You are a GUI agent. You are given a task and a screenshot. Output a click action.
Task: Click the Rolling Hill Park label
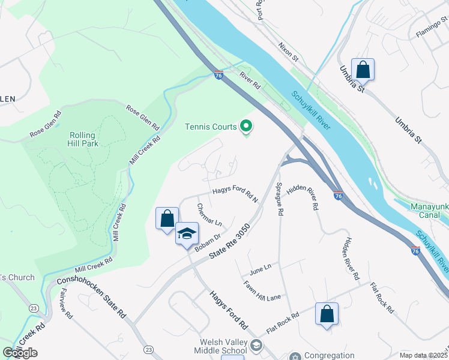click(83, 139)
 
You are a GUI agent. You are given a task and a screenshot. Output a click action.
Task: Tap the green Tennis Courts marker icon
click(246, 127)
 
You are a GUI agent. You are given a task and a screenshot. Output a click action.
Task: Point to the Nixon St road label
click(288, 52)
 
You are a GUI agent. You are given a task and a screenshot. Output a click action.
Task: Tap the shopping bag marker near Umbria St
click(363, 70)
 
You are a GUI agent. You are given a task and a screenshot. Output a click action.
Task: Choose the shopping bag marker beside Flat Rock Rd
click(327, 314)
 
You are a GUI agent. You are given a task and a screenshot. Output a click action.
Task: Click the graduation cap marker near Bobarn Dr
click(187, 233)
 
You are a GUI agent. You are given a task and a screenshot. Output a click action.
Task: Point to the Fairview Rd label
click(67, 307)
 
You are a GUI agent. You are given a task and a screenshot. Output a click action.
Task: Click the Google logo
click(20, 353)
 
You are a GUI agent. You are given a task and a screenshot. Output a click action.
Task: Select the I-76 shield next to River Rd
click(219, 75)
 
